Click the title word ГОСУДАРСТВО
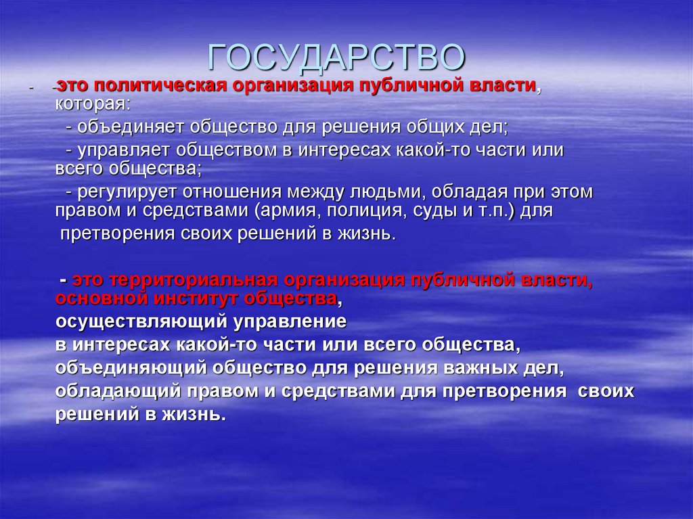[x=336, y=58]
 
